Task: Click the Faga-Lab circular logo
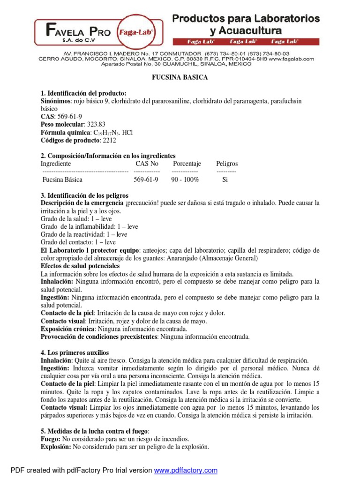point(137,32)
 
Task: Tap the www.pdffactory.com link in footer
point(186,470)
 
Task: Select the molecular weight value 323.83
point(95,124)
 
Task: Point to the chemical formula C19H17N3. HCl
point(107,132)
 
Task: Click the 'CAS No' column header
point(147,164)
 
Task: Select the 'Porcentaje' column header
point(187,164)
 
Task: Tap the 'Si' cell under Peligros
point(225,180)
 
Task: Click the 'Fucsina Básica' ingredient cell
point(62,180)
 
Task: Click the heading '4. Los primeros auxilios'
point(75,352)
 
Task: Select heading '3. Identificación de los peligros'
point(84,195)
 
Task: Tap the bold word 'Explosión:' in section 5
point(56,447)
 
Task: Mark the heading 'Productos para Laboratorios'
point(246,19)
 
